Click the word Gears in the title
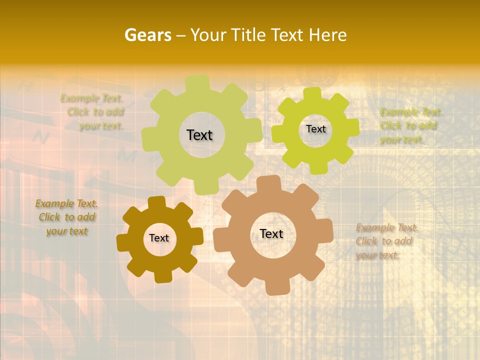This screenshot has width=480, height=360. pos(148,35)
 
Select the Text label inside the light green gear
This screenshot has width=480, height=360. pos(199,135)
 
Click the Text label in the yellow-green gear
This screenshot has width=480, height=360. pos(315,129)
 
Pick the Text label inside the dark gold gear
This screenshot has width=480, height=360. pos(159,238)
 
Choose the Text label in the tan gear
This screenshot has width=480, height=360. pos(271,233)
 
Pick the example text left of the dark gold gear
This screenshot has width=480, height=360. pos(67,217)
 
